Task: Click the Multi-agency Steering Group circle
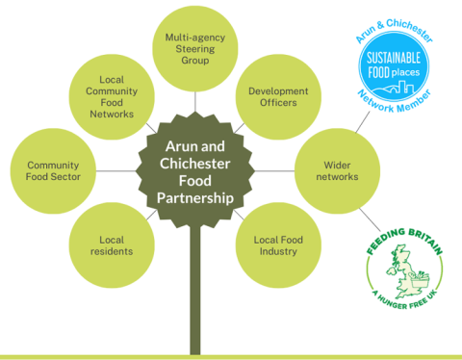195,47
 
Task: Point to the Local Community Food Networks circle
115,97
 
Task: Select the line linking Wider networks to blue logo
361,119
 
